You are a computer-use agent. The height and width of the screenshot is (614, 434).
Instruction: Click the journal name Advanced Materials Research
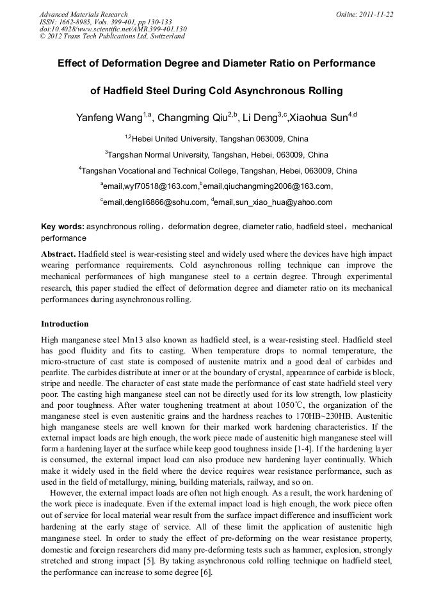[x=83, y=14]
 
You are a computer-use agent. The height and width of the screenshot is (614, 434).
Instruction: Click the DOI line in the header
[x=113, y=29]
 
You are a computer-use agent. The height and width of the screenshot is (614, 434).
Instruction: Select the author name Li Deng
[x=260, y=118]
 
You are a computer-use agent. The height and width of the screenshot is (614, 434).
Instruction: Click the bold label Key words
[x=62, y=227]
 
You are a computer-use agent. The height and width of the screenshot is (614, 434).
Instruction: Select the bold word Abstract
[x=58, y=254]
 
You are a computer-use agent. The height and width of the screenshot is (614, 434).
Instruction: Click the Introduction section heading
[x=65, y=324]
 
